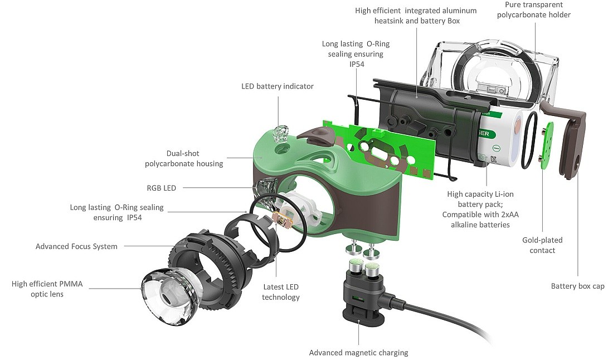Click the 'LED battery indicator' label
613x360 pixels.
(x=277, y=86)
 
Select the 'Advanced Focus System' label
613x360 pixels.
(x=76, y=246)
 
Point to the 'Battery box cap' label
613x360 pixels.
(x=577, y=286)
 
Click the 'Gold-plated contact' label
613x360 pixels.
(x=542, y=245)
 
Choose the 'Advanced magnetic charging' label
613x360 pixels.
(x=359, y=352)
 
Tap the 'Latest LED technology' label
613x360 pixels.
(x=281, y=292)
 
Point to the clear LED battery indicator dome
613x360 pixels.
(x=279, y=133)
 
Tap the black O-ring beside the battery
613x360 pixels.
(x=529, y=139)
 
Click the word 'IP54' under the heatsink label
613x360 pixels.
(x=352, y=64)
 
